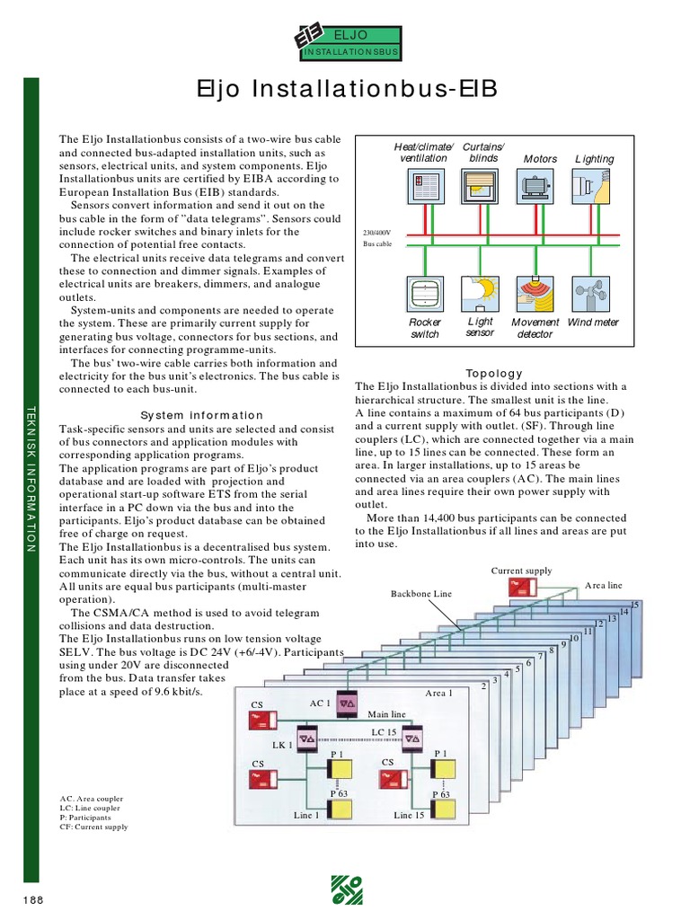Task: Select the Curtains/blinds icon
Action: pyautogui.click(x=482, y=190)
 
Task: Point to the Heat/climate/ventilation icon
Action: pyautogui.click(x=425, y=190)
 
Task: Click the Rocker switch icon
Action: pyautogui.click(x=425, y=294)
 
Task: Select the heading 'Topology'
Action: pyautogui.click(x=493, y=373)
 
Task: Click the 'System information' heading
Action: pyautogui.click(x=202, y=415)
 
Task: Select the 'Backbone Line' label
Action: pyautogui.click(x=421, y=594)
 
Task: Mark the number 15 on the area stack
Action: pyautogui.click(x=635, y=605)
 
